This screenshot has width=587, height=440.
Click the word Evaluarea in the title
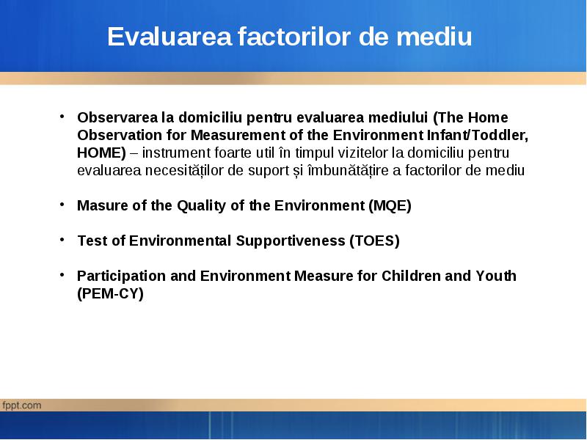click(169, 36)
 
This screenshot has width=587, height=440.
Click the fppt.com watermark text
click(22, 406)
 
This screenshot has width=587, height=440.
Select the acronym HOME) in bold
click(101, 153)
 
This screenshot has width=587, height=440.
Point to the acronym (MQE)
click(390, 205)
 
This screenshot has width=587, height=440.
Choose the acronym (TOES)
click(374, 241)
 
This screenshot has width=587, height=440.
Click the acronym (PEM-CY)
click(110, 293)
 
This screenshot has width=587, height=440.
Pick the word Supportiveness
click(291, 241)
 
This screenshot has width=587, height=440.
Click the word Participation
click(121, 276)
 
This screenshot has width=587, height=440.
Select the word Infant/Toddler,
click(478, 135)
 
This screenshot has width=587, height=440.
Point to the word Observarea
click(117, 117)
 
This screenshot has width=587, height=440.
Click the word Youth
click(496, 276)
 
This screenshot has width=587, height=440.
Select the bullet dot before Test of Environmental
click(62, 240)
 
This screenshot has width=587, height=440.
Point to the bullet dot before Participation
click(62, 274)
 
